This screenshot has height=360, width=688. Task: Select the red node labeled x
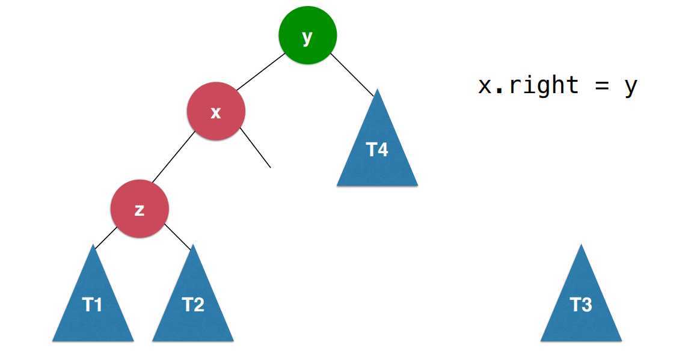pos(216,112)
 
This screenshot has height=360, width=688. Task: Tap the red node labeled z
pos(140,210)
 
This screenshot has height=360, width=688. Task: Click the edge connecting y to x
pos(261,72)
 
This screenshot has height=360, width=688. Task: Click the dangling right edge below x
pos(255,147)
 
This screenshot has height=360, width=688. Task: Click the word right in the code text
pos(544,85)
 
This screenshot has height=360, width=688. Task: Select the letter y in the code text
pos(630,87)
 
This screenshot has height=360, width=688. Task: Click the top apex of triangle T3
pos(581,246)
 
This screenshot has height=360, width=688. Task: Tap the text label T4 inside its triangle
pos(377,150)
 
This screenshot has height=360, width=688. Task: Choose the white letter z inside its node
pos(140,210)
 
